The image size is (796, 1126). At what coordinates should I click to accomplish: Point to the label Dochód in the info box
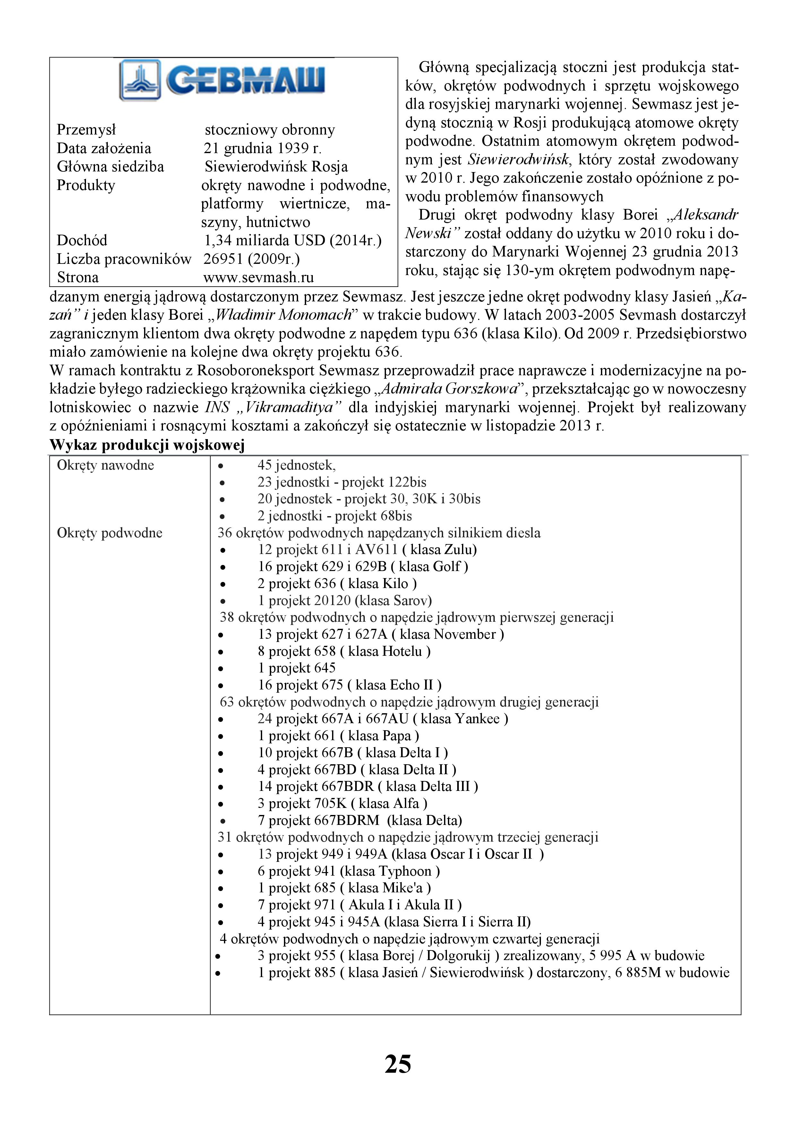82,240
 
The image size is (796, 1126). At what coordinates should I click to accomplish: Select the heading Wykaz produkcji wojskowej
147,445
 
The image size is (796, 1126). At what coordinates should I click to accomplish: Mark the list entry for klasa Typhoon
348,871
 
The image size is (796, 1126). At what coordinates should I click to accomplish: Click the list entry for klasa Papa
338,736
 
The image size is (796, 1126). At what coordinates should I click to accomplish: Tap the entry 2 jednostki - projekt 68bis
334,516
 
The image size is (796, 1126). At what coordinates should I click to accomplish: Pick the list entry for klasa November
381,634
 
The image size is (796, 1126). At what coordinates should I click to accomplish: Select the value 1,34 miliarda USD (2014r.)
293,240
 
